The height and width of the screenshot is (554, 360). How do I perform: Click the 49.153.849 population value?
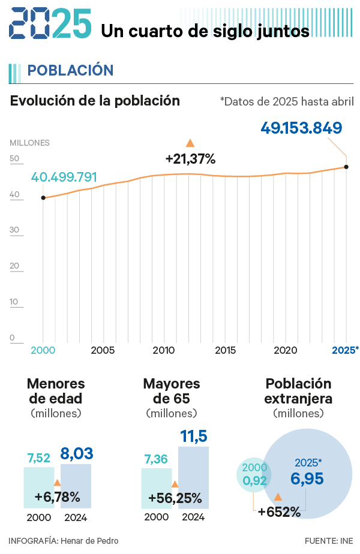(301, 128)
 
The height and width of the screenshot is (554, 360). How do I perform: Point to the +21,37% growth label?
(190, 159)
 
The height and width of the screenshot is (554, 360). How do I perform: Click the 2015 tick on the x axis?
(225, 350)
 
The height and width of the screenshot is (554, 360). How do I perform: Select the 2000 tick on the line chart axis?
(43, 350)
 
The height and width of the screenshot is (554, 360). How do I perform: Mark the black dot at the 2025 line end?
(346, 167)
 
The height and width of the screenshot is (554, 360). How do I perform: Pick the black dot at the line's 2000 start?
(43, 197)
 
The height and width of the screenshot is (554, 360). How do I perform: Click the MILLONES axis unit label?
(29, 143)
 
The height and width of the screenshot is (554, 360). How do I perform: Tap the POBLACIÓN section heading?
(70, 70)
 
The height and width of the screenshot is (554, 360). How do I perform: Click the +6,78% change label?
(57, 497)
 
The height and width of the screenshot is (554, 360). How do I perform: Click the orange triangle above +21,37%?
(190, 143)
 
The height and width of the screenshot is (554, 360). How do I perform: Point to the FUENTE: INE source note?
(329, 541)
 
